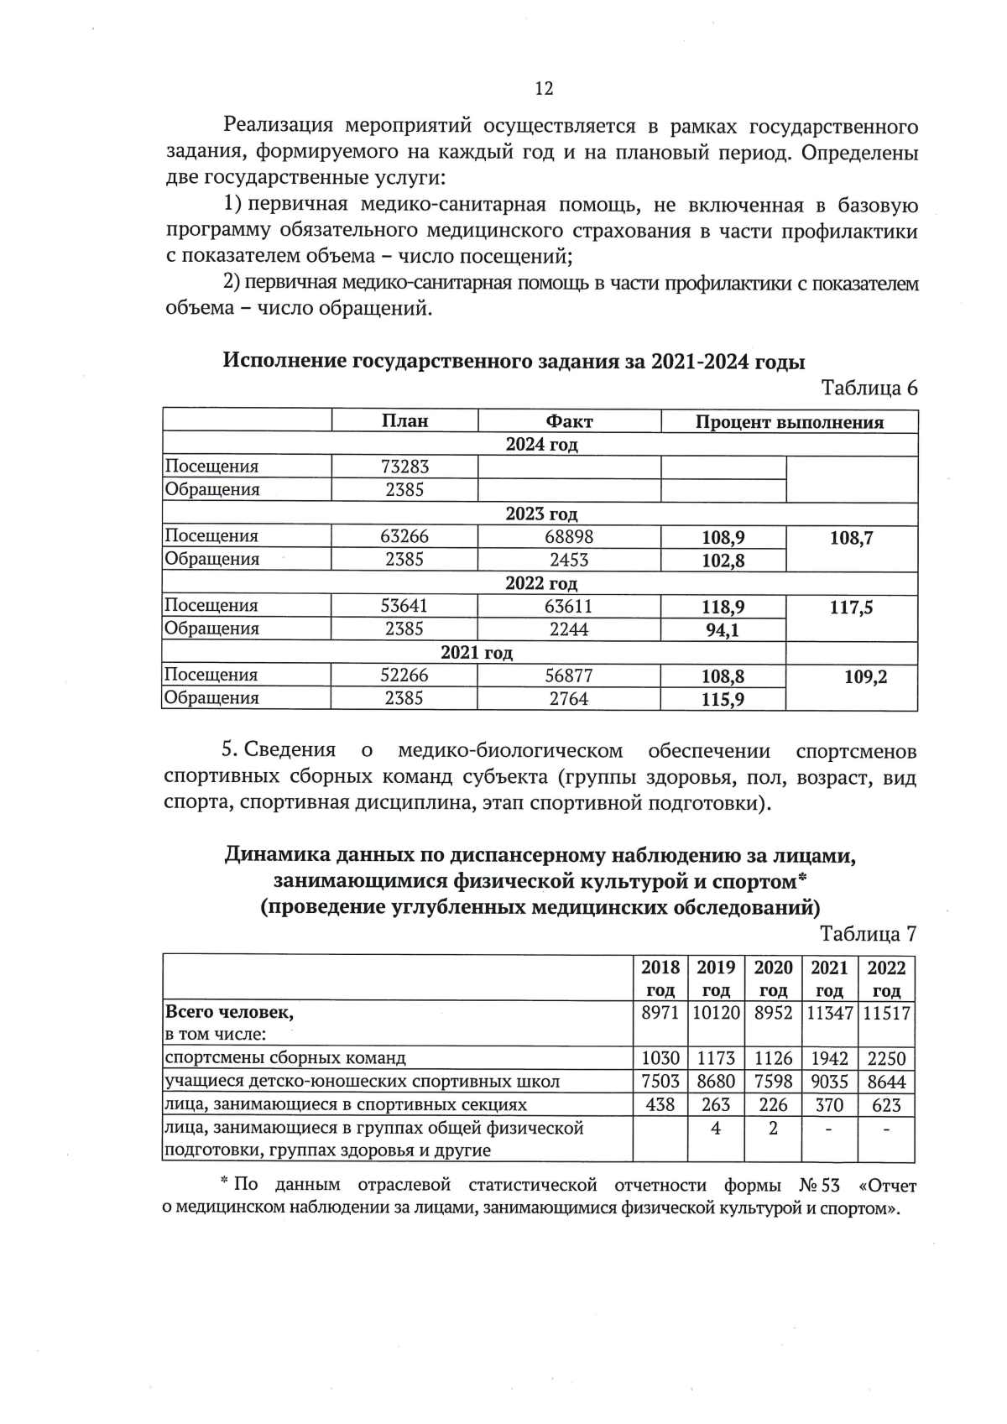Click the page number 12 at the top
[x=543, y=88]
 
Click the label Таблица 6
[x=869, y=388]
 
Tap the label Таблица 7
[x=869, y=934]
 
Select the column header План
[x=404, y=421]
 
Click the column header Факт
[x=569, y=421]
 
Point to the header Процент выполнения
[x=789, y=422]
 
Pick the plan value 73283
[x=404, y=467]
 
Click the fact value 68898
[x=569, y=536]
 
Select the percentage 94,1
[x=723, y=629]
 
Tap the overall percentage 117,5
[x=851, y=608]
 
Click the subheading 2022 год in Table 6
[x=540, y=583]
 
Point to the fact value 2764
[x=569, y=698]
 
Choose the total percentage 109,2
[x=865, y=677]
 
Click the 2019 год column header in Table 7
[x=716, y=978]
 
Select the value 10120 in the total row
[x=716, y=1013]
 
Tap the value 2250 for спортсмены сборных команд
[x=886, y=1059]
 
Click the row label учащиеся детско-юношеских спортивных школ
[x=362, y=1082]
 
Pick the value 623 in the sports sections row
[x=886, y=1105]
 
